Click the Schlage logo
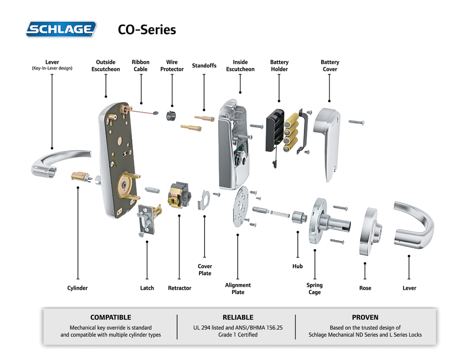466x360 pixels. (61, 29)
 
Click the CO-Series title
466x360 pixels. (147, 30)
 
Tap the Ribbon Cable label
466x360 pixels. (140, 66)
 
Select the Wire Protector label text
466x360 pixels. (172, 66)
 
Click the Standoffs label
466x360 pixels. (204, 66)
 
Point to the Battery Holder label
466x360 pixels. (279, 66)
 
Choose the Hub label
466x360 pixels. (297, 266)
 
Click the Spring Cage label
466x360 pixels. (315, 289)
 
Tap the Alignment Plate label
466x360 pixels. (238, 289)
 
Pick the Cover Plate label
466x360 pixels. (205, 270)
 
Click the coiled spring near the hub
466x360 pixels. (279, 213)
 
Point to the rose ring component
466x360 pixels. (370, 231)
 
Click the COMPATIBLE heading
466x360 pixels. (110, 318)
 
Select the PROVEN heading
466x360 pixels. (365, 318)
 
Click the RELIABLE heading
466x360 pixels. (238, 318)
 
